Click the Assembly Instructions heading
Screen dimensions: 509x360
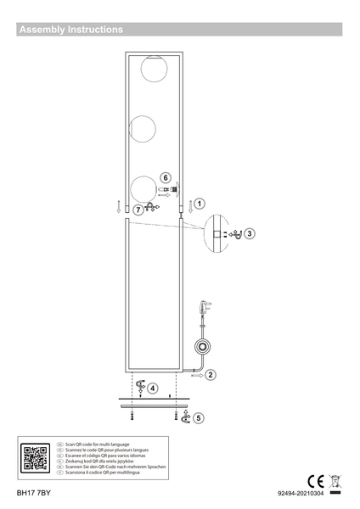point(71,30)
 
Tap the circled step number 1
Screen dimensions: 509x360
point(199,204)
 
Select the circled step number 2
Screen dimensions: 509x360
point(211,374)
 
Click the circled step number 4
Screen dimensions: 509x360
point(152,389)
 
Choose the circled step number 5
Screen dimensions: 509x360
point(199,417)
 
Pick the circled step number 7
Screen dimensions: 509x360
point(138,209)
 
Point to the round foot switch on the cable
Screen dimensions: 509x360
point(202,346)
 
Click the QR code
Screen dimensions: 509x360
point(35,458)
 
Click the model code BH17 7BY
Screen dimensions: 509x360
point(34,493)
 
